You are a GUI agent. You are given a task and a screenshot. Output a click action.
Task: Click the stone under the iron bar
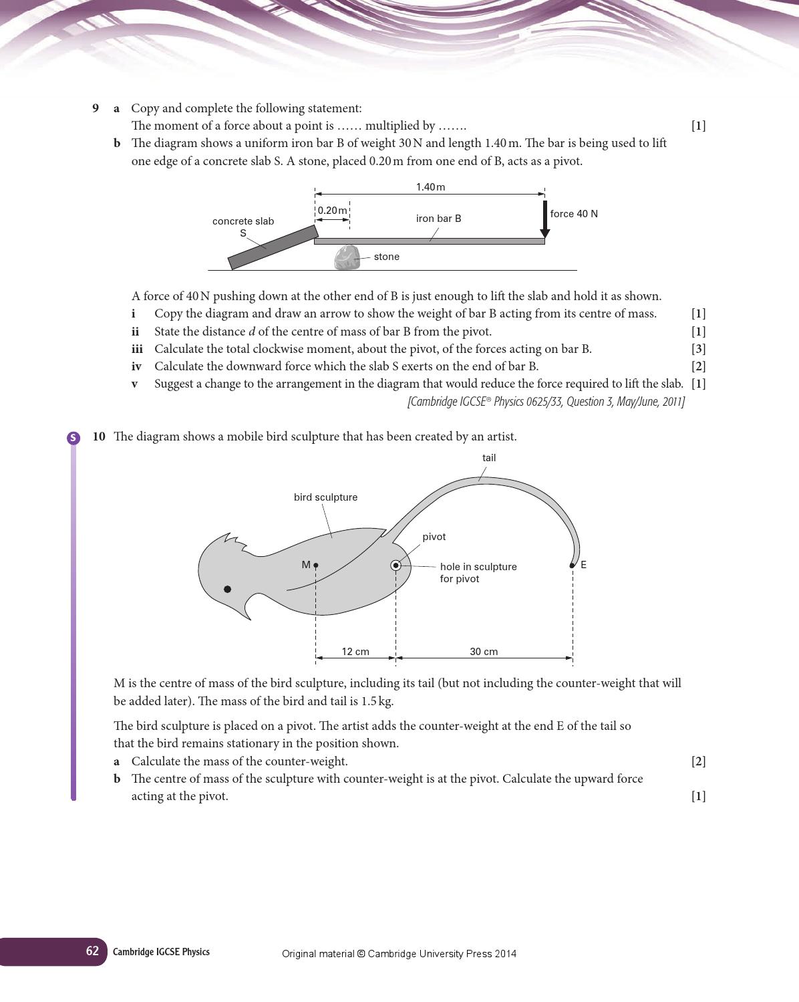pyautogui.click(x=347, y=257)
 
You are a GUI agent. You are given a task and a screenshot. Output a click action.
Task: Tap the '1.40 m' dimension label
pyautogui.click(x=430, y=187)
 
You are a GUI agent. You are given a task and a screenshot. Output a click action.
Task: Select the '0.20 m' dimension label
pyautogui.click(x=332, y=211)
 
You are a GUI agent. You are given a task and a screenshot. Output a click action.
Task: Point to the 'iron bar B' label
pyautogui.click(x=438, y=219)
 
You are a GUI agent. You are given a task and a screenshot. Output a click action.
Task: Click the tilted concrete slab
pyautogui.click(x=273, y=247)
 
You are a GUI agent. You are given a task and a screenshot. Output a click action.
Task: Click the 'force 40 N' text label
pyautogui.click(x=574, y=214)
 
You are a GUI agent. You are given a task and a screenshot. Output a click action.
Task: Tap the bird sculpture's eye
pyautogui.click(x=227, y=589)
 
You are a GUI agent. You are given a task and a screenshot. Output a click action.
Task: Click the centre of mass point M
pyautogui.click(x=316, y=566)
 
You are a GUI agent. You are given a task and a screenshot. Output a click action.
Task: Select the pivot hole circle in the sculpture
pyautogui.click(x=396, y=566)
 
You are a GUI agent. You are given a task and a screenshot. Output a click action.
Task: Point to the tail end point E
pyautogui.click(x=572, y=566)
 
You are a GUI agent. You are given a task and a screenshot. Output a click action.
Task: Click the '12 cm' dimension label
pyautogui.click(x=355, y=652)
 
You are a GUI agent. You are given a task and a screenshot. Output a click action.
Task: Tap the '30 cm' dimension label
pyautogui.click(x=484, y=652)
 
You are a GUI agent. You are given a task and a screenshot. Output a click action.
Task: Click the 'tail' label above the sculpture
pyautogui.click(x=489, y=458)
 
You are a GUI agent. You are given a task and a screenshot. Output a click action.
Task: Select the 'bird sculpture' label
pyautogui.click(x=325, y=497)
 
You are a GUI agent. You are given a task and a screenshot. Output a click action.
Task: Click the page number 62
pyautogui.click(x=92, y=951)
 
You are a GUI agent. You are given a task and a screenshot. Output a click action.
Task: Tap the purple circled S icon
pyautogui.click(x=73, y=438)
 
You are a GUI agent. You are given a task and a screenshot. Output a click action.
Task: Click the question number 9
pyautogui.click(x=96, y=108)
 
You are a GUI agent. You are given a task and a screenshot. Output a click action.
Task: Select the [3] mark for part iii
pyautogui.click(x=698, y=349)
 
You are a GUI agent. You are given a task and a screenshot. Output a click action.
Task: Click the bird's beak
pyautogui.click(x=248, y=609)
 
